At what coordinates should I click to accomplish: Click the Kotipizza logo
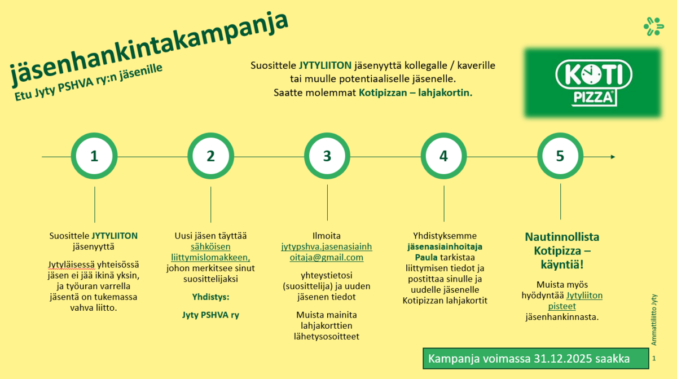click(x=593, y=83)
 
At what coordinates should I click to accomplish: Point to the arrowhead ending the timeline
click(x=613, y=157)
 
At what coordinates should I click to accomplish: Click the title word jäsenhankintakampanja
click(x=150, y=49)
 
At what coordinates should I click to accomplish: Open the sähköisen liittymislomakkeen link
click(x=210, y=252)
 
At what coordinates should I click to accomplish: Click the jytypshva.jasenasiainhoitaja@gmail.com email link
click(x=327, y=252)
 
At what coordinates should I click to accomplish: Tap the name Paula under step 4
click(x=426, y=258)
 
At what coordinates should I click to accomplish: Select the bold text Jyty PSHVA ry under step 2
click(x=210, y=315)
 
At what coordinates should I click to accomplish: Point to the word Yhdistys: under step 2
click(x=210, y=297)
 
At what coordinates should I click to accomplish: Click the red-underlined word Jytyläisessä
click(x=71, y=265)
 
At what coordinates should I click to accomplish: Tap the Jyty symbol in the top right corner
click(x=654, y=27)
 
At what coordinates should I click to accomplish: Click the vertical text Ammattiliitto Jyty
click(x=654, y=320)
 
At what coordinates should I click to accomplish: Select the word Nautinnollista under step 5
click(x=562, y=237)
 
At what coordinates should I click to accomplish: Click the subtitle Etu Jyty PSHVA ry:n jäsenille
click(x=88, y=82)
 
